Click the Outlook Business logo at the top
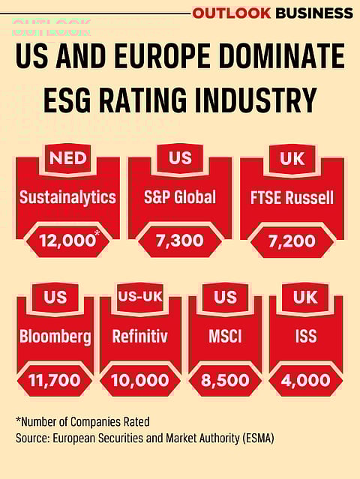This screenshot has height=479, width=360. point(272,13)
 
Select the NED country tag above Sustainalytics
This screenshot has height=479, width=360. point(67,158)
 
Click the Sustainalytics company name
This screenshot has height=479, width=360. point(67,198)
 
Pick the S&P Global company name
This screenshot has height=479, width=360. point(180,198)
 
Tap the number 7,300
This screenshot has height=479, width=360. point(180,241)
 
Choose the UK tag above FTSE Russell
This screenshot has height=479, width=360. point(292,158)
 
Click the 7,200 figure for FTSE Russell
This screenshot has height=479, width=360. point(292,241)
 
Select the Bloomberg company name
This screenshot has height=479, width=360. point(55,337)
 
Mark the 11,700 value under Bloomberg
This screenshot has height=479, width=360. point(55,380)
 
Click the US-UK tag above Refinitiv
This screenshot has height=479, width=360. point(140,297)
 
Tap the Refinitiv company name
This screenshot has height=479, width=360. point(140,337)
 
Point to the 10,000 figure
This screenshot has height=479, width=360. point(140,380)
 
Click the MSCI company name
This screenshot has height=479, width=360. point(225,337)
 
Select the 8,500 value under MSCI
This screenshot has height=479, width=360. point(225,380)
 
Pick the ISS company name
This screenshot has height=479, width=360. point(306,337)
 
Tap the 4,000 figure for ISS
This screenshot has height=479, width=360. point(306,380)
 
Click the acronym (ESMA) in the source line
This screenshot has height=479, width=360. point(255,437)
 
